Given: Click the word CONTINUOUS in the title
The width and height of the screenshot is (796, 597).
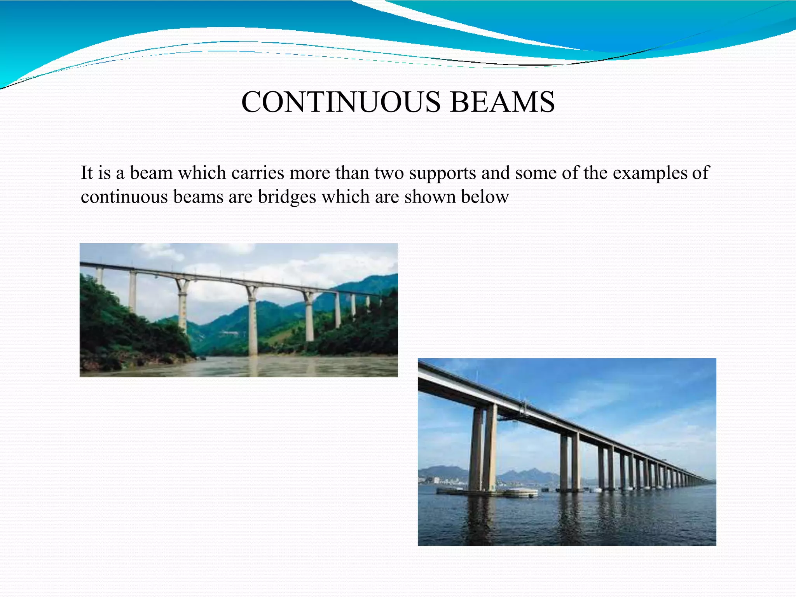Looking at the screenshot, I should point(340,102).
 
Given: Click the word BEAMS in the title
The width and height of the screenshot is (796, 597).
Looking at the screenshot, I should point(502,102).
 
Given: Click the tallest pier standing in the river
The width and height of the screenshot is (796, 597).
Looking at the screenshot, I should point(252,323).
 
